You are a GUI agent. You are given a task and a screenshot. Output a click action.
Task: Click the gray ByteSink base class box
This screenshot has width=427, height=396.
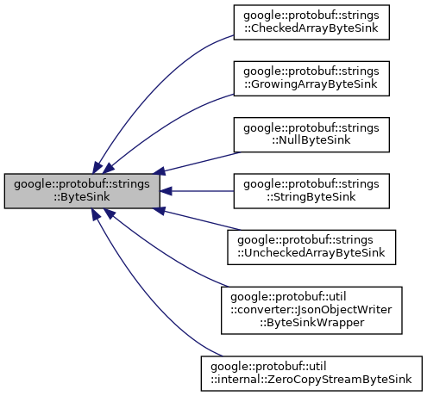(81, 190)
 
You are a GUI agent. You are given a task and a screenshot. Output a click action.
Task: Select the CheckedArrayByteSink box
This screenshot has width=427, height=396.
(311, 25)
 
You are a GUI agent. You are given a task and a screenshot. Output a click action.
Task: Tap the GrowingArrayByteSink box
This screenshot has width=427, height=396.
(311, 79)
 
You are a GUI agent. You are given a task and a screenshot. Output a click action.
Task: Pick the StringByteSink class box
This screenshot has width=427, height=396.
(311, 190)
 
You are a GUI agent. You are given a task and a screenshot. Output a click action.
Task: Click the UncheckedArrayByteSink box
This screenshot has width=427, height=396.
(311, 247)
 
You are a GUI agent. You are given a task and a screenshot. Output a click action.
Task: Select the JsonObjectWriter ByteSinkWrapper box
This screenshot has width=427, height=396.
(311, 311)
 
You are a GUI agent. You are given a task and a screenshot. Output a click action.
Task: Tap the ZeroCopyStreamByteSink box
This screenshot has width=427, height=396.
(311, 373)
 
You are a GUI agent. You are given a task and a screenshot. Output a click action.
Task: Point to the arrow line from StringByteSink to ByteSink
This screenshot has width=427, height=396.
(198, 190)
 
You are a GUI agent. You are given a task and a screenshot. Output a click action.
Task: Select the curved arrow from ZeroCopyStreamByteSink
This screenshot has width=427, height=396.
(147, 319)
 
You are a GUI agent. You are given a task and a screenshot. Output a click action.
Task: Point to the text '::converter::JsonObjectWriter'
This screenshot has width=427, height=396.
(311, 311)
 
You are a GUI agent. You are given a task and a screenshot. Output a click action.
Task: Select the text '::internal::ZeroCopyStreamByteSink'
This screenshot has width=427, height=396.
(311, 379)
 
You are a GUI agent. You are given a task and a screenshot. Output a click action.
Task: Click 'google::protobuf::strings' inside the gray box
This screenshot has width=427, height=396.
(81, 183)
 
